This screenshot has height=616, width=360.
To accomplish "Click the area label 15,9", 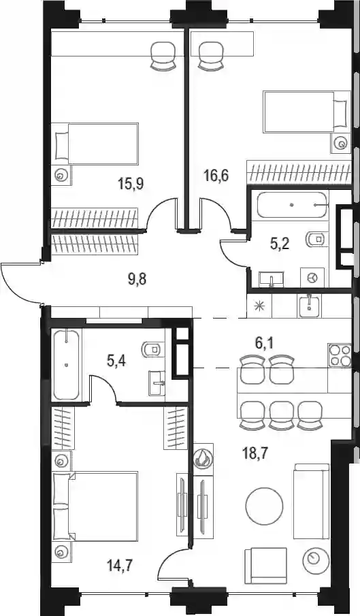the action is coord(131,183).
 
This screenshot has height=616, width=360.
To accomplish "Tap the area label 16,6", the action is coord(216,174).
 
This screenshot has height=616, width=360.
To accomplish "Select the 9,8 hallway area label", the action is coord(137,280).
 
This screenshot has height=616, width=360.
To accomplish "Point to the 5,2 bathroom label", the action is coord(280,244).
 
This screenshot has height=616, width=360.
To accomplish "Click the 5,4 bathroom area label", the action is coord(116,360).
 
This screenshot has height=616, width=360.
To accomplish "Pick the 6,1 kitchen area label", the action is coord(264,344).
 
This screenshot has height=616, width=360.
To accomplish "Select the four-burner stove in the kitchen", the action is coord(340,355).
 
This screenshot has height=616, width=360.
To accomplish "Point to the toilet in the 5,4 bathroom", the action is coord(152,349).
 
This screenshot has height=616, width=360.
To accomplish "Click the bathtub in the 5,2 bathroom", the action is coord(292,205).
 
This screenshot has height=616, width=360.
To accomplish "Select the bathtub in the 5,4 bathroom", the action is coord(66,365).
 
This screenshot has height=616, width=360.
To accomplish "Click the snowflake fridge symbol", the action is coord(259,305).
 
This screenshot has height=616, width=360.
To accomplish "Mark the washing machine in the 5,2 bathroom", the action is coord(312,278).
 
